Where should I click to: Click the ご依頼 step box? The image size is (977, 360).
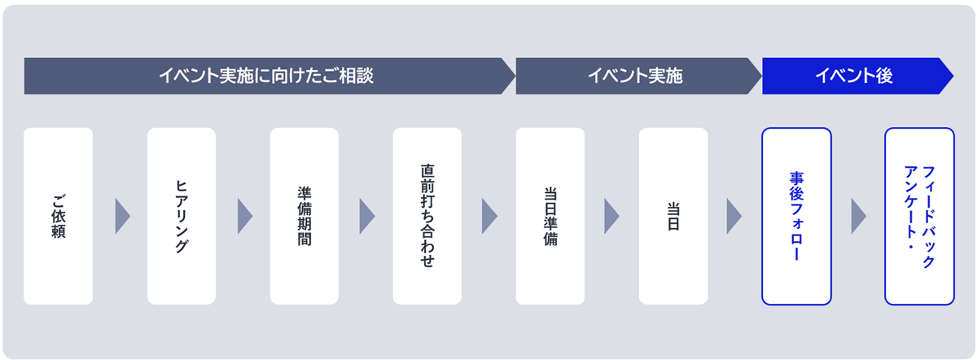tap(58, 216)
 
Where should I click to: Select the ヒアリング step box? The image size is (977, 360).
tap(181, 216)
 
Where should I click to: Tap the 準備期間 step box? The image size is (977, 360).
tap(304, 216)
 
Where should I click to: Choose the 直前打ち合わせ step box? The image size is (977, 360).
tap(427, 216)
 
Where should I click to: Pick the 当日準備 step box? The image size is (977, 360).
tap(550, 216)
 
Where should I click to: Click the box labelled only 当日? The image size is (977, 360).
tap(673, 216)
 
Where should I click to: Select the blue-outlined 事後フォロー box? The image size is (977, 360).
tap(796, 216)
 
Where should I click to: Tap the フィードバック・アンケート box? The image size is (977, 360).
tap(919, 216)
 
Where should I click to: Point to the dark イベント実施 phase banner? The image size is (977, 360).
tap(635, 77)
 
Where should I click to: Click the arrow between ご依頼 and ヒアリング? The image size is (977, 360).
tap(122, 216)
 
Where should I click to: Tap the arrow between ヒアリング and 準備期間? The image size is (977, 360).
tap(244, 216)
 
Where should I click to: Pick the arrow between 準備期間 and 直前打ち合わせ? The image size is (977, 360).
tap(366, 216)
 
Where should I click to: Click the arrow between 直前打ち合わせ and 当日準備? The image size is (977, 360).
tap(489, 216)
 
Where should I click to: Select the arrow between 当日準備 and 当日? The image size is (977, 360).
tap(611, 216)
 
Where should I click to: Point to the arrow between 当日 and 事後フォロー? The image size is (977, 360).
tap(734, 216)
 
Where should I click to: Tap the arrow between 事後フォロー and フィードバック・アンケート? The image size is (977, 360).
tap(858, 216)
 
